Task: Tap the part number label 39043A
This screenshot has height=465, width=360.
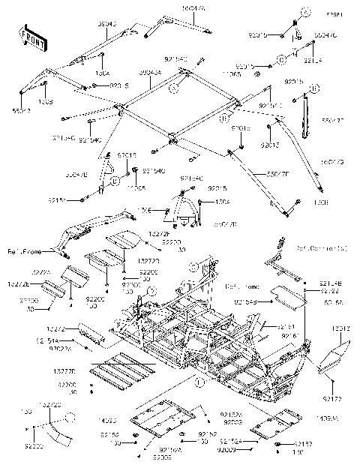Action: click(152, 73)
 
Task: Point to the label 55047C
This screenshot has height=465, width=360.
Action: click(325, 34)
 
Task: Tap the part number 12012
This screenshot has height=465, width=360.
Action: click(340, 328)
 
